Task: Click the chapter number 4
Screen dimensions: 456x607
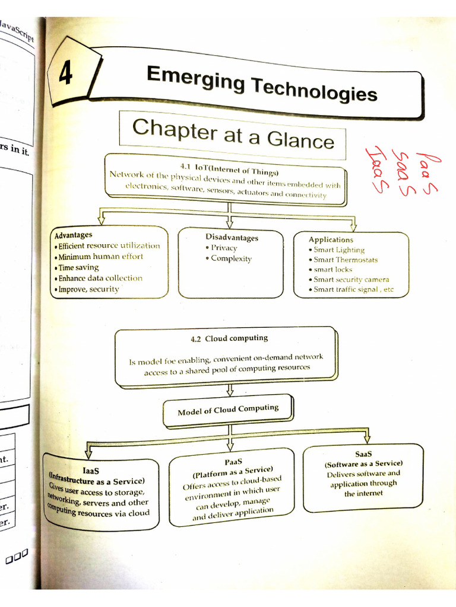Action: point(65,74)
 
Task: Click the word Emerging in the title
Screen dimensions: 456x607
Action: point(196,79)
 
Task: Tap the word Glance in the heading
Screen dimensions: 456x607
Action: point(300,139)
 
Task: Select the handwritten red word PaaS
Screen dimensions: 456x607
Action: point(427,172)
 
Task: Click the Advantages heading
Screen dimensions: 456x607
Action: point(73,235)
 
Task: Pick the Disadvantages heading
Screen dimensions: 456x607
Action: point(232,237)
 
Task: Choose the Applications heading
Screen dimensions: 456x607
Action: point(331,239)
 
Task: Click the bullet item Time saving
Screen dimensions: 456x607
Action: point(79,267)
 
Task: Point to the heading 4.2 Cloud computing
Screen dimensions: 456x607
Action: point(229,338)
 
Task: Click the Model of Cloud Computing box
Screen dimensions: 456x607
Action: point(228,410)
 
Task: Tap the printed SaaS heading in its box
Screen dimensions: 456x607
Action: point(363,453)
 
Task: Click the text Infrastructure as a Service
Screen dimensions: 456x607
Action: point(97,479)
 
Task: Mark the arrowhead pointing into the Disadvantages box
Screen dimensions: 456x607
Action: point(230,223)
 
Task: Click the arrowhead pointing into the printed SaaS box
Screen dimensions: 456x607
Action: point(367,439)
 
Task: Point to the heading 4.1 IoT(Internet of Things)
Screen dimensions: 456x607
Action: point(229,169)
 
